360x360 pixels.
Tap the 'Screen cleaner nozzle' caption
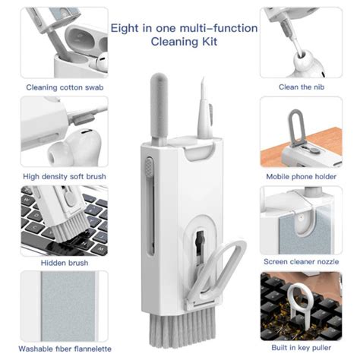coord(301,263)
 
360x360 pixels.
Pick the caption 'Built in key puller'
coord(302,349)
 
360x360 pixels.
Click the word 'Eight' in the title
coord(125,28)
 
